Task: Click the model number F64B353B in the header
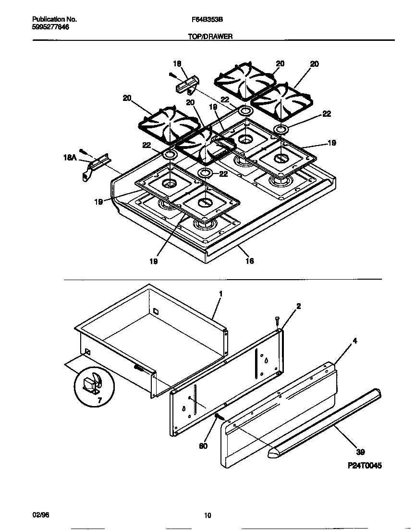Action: point(207,20)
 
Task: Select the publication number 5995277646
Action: point(50,27)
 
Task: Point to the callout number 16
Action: point(249,261)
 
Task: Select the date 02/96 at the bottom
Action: point(40,515)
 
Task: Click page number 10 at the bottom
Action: point(207,516)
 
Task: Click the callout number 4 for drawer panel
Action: point(354,341)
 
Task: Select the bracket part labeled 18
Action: point(187,86)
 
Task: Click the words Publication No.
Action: point(54,20)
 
